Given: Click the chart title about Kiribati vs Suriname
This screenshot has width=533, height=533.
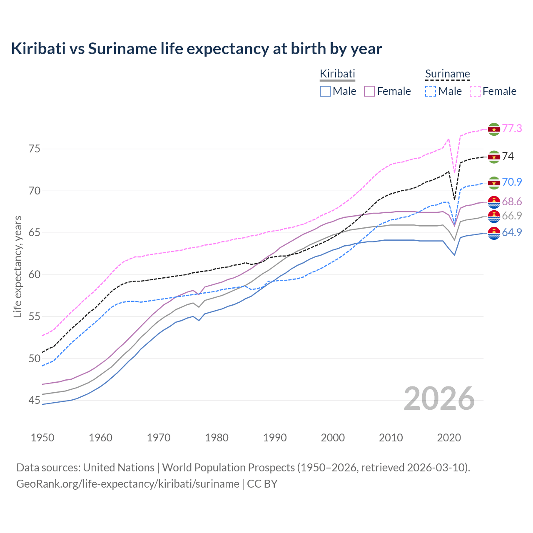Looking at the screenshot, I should [196, 49].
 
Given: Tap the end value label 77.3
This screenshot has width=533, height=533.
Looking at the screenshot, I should [512, 128].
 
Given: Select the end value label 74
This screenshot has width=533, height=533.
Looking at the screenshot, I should [508, 156].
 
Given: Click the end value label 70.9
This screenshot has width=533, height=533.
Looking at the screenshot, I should [512, 182].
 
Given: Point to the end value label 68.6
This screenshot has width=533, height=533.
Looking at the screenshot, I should [512, 202].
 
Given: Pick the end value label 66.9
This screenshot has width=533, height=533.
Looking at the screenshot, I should [512, 216].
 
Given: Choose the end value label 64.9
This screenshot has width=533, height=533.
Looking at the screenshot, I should [512, 232].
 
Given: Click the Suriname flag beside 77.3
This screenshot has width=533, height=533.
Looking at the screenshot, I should [494, 129].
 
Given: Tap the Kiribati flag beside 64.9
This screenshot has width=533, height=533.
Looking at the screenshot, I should [494, 234].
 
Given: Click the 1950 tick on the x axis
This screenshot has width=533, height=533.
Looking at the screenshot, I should [42, 438].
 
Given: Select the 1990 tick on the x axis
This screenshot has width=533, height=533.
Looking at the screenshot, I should [275, 438].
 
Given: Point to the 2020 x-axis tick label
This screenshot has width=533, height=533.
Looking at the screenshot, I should [449, 438].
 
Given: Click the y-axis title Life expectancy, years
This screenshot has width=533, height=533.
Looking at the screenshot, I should [17, 266].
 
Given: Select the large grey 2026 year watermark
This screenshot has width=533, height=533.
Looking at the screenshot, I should [439, 399].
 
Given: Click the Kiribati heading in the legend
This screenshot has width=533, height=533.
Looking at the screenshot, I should [337, 74].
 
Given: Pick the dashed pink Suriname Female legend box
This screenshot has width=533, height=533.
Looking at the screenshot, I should [475, 91].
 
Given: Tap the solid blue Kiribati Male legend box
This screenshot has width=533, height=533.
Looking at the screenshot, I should [325, 91].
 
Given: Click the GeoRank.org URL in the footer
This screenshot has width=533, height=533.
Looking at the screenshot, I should [127, 484].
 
